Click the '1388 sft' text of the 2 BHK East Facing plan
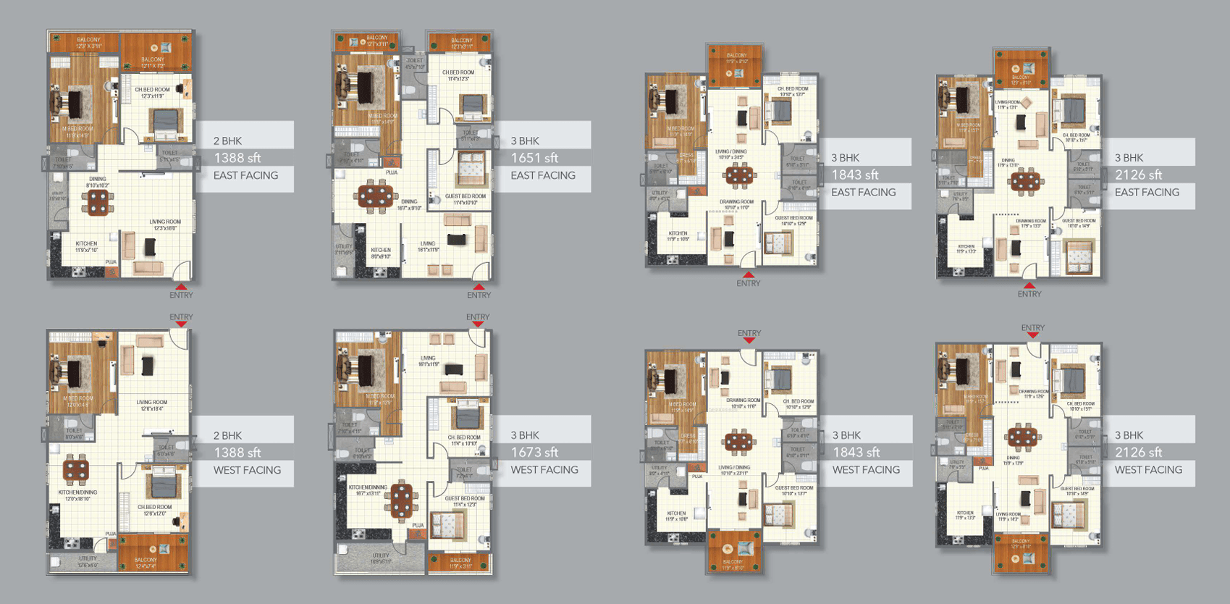(x=237, y=158)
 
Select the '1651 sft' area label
(x=534, y=158)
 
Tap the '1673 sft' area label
(x=534, y=453)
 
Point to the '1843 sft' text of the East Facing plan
(x=855, y=175)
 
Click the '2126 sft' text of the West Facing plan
(x=1138, y=453)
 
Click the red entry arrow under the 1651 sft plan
(x=479, y=287)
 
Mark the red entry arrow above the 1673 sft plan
(x=478, y=324)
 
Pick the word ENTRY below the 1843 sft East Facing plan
(x=749, y=284)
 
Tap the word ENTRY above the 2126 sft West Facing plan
(x=1032, y=328)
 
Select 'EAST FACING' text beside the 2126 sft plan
(x=1147, y=193)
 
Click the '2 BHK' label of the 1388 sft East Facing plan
(x=227, y=141)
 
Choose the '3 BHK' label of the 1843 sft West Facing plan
(x=846, y=435)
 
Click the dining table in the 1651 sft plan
(x=376, y=195)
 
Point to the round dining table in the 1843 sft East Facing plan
(x=738, y=175)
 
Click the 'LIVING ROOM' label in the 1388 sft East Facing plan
(x=165, y=222)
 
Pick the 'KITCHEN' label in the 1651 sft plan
(x=381, y=250)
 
